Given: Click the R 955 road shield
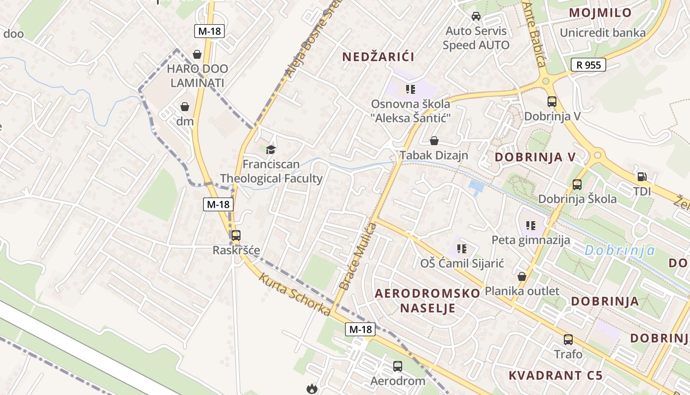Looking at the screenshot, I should click(x=588, y=65).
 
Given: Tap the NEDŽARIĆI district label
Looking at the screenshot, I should click(x=378, y=57).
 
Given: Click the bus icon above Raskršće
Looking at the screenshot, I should click(x=236, y=236).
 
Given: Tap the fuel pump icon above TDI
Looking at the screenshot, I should click(x=642, y=176).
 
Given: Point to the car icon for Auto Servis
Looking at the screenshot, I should click(x=476, y=16).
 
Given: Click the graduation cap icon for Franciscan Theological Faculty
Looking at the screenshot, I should click(x=271, y=150).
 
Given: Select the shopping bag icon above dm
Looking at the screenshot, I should click(x=185, y=107).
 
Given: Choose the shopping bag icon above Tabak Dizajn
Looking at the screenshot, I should click(x=434, y=141).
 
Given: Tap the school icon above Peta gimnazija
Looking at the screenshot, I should click(x=531, y=226).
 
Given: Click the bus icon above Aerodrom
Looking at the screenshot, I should click(x=398, y=366).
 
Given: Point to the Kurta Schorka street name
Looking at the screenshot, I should click(x=295, y=294).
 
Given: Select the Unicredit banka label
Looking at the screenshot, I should click(x=602, y=33).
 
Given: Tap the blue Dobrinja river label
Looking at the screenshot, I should click(x=620, y=250).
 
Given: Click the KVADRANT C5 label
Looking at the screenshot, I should click(x=555, y=375).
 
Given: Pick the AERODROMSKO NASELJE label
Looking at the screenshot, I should click(x=427, y=301).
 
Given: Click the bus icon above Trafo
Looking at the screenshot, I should click(x=568, y=340).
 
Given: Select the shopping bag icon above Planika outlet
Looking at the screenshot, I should click(x=522, y=276).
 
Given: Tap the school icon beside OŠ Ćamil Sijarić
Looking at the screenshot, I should click(x=461, y=249).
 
